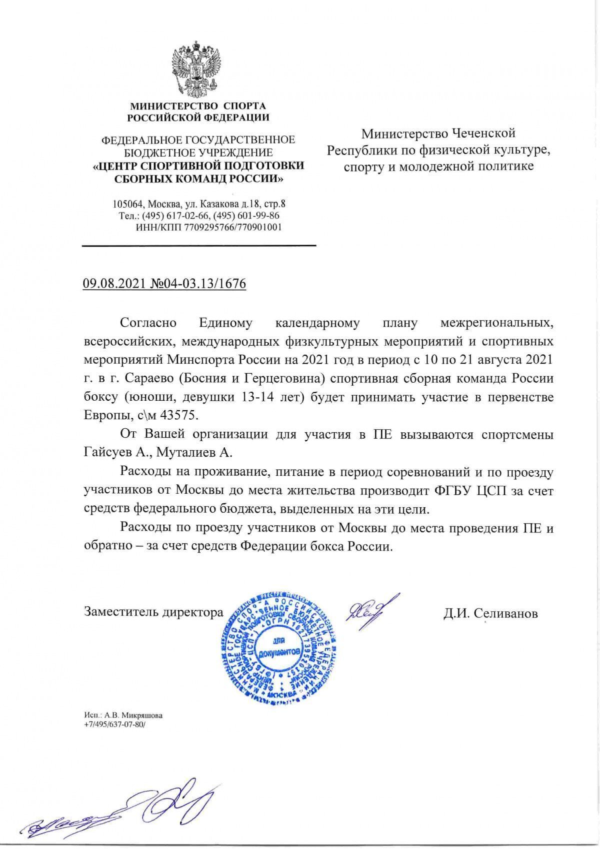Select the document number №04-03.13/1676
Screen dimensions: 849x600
pyautogui.click(x=198, y=284)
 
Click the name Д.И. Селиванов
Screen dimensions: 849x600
pyautogui.click(x=490, y=613)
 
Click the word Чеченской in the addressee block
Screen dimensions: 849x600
pyautogui.click(x=484, y=134)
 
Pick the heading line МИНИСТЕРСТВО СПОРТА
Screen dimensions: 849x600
pyautogui.click(x=198, y=106)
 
